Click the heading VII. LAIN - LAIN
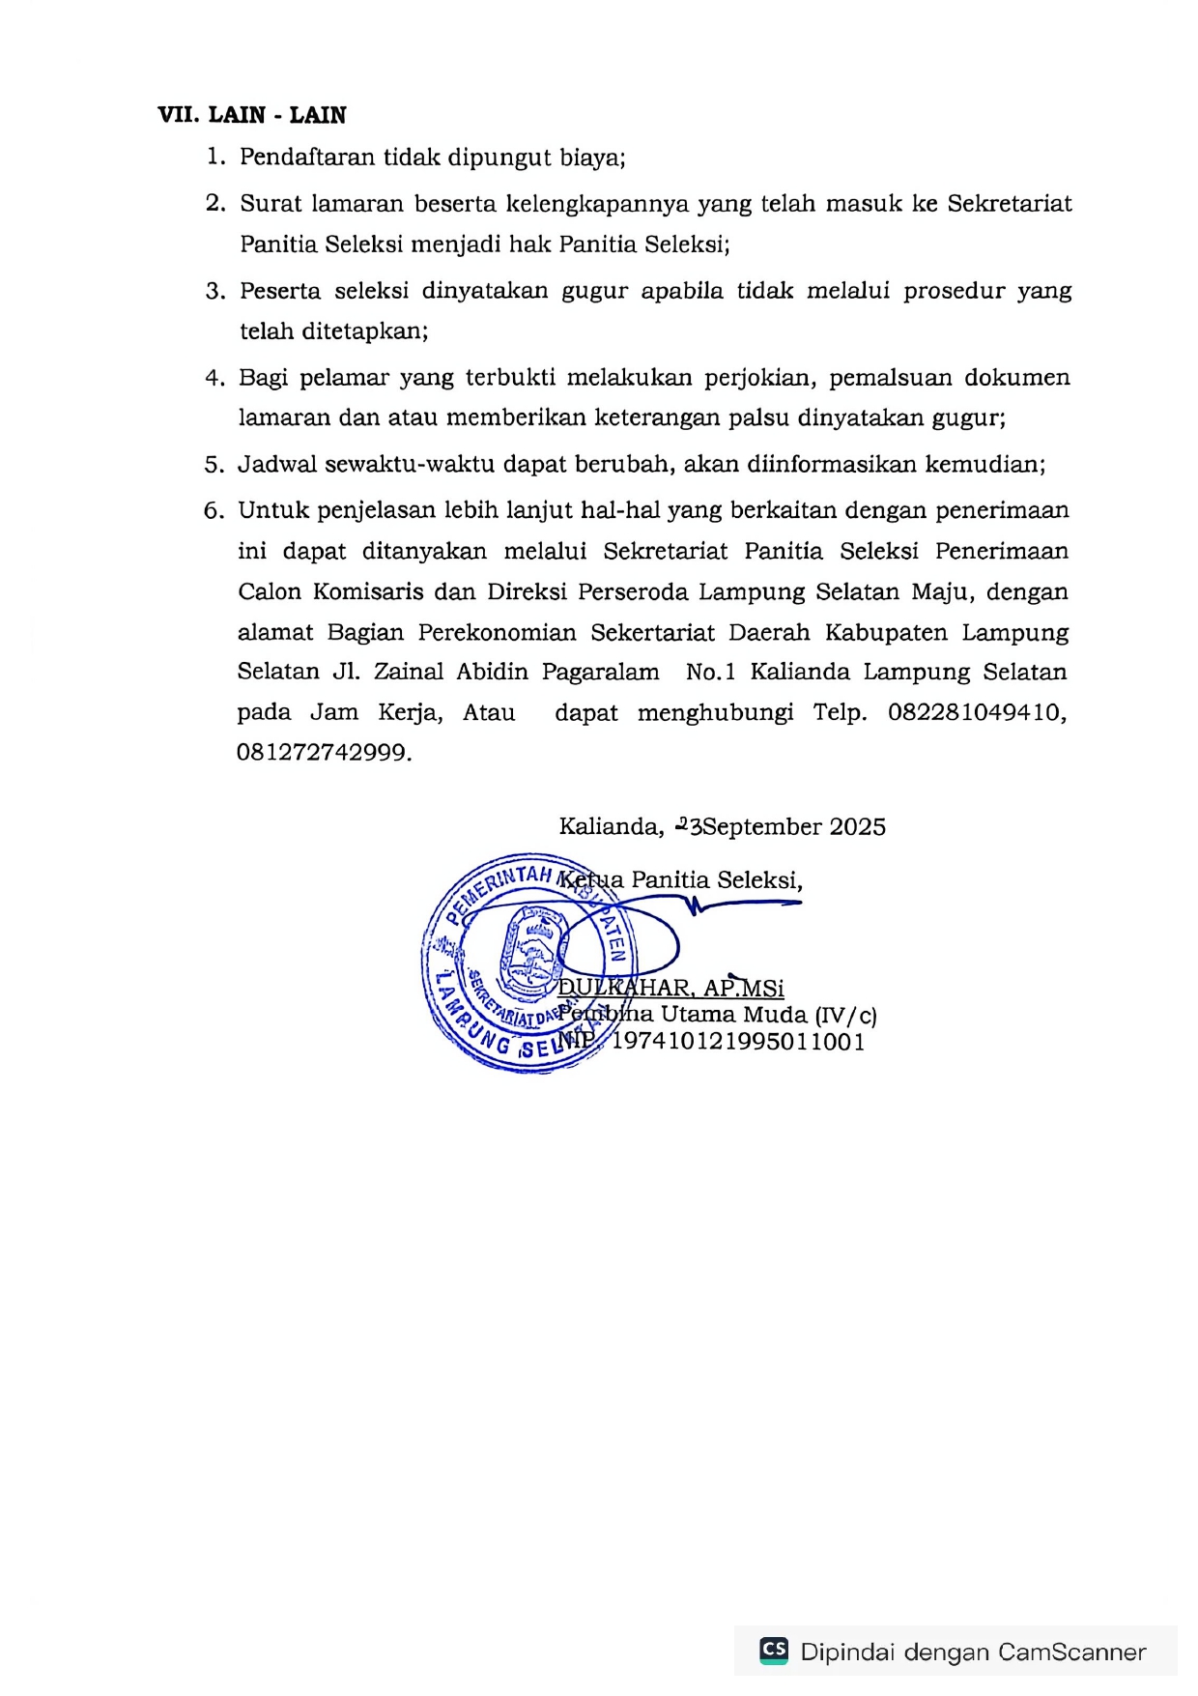coord(251,115)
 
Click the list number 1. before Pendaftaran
coord(215,157)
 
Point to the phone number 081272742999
coord(324,753)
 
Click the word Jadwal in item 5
coord(277,464)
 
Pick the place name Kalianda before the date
coord(610,827)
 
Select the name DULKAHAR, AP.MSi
coord(671,988)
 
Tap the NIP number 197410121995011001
coord(738,1042)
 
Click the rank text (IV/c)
coord(845,1016)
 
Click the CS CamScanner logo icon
coord(774,1650)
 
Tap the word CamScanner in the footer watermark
coord(1072,1653)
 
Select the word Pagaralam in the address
coord(600,672)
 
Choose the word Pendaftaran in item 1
coord(308,157)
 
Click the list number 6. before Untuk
coord(214,510)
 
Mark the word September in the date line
coord(763,827)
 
